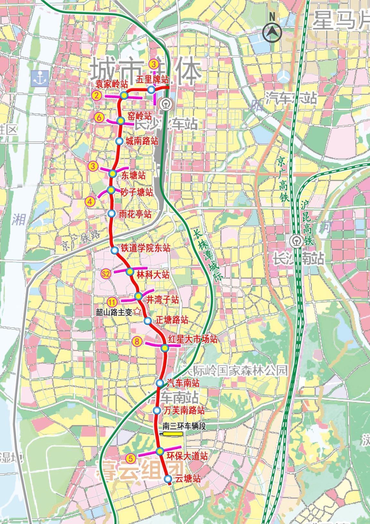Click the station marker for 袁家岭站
pos(124,96)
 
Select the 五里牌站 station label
pos(152,79)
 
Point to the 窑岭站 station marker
pos(121,121)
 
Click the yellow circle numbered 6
pos(99,118)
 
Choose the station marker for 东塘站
pos(113,174)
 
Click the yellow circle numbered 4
pos(90,202)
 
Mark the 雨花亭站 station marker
pos(112,213)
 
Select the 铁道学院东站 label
pos(145,248)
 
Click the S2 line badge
pos(106,274)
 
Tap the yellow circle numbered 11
pos(112,301)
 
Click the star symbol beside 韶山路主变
pos(137,311)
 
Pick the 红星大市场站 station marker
pos(165,348)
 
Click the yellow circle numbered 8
pos(137,342)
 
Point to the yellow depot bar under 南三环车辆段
pos(173,434)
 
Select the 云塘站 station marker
pos(168,479)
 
